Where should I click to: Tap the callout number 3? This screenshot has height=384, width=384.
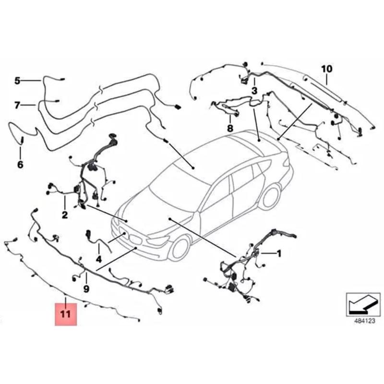click(254, 91)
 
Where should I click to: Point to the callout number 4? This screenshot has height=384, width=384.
click(99, 260)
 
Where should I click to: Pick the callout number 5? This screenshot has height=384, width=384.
click(17, 81)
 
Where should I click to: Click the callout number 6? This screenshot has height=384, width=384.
click(20, 165)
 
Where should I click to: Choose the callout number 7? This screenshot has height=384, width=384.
click(17, 105)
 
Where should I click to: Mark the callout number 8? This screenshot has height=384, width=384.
click(230, 128)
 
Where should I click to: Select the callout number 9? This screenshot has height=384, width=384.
click(86, 289)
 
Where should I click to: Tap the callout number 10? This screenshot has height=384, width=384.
click(326, 69)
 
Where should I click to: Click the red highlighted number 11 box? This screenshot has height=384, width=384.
click(65, 314)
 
